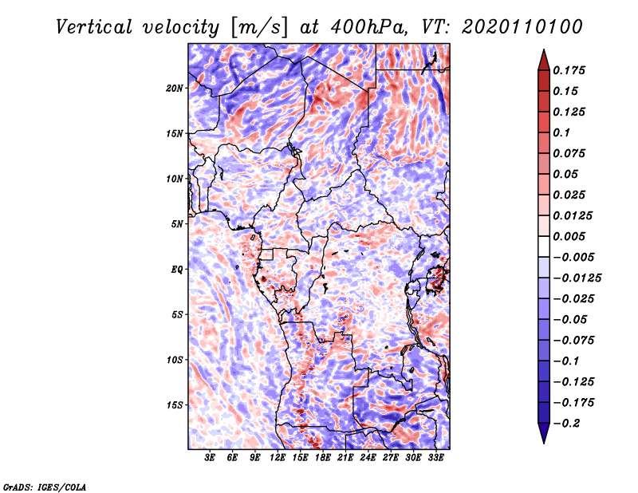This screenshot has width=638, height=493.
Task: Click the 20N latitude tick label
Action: pyautogui.click(x=175, y=88)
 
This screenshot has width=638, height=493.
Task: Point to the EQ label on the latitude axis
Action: pyautogui.click(x=177, y=270)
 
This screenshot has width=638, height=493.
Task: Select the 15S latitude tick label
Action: pyautogui.click(x=175, y=405)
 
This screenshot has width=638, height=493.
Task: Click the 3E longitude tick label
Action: pyautogui.click(x=210, y=458)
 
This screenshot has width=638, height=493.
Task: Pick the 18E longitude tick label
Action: pyautogui.click(x=323, y=458)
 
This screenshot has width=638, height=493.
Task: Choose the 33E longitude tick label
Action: pyautogui.click(x=436, y=458)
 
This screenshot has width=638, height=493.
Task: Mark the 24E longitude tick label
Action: pyautogui.click(x=368, y=458)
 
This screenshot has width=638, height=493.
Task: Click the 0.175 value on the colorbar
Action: pyautogui.click(x=571, y=70)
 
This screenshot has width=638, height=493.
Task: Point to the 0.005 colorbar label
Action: pyautogui.click(x=571, y=236)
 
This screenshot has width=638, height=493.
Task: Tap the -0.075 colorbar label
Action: pyautogui.click(x=574, y=340)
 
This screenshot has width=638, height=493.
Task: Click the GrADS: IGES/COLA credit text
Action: pyautogui.click(x=44, y=486)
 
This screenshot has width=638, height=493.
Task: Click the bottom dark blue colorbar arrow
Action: pyautogui.click(x=543, y=436)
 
